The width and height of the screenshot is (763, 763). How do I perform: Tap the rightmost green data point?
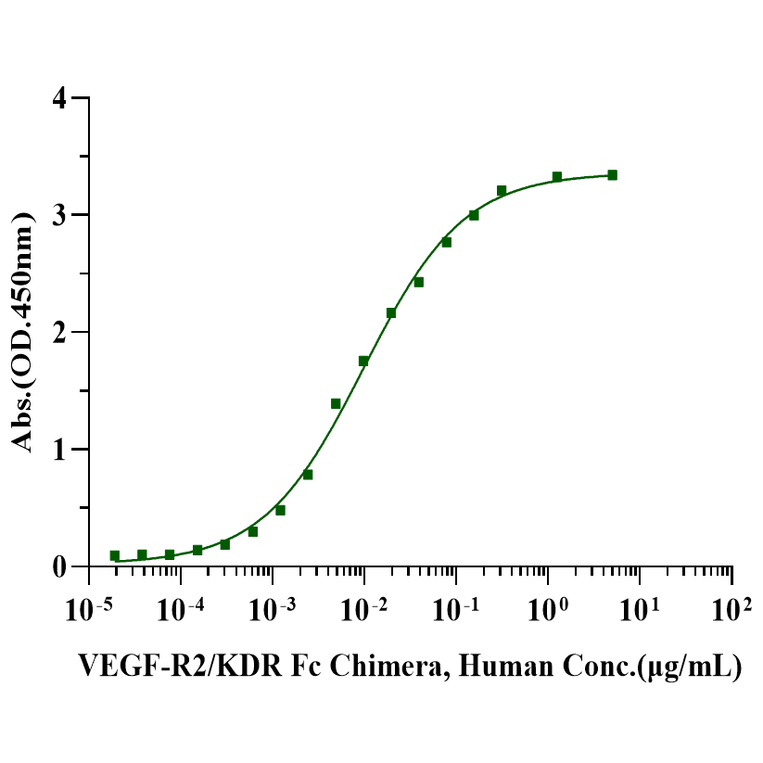(612, 175)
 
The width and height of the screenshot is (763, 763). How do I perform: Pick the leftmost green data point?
(115, 555)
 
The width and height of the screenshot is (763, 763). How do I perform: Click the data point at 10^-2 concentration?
(363, 361)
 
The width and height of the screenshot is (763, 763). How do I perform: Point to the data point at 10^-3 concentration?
(280, 510)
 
